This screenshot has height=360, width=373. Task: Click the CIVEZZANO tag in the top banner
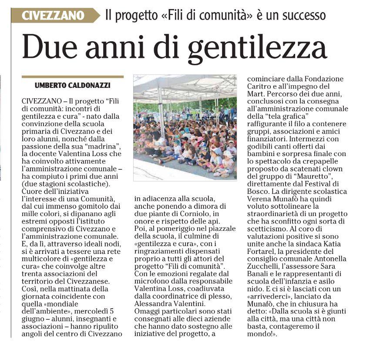click(x=54, y=16)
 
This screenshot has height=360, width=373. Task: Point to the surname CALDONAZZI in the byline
click(x=85, y=85)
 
